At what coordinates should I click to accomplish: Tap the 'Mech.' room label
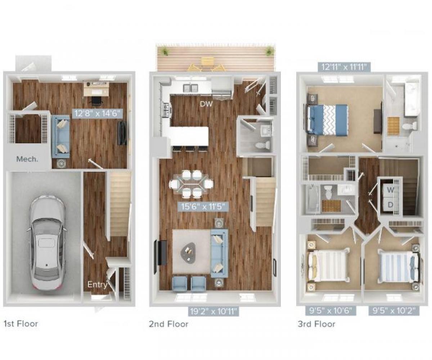[27, 159]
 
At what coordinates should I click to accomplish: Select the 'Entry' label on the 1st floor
[98, 285]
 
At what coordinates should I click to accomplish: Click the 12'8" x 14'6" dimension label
[97, 114]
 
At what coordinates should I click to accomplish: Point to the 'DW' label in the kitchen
[207, 104]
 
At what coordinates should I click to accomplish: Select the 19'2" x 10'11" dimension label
[213, 311]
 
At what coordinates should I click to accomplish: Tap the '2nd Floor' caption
[168, 324]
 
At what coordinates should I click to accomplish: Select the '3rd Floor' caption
[316, 324]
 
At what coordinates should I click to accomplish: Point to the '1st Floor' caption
[21, 324]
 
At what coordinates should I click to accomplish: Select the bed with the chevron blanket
[328, 120]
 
